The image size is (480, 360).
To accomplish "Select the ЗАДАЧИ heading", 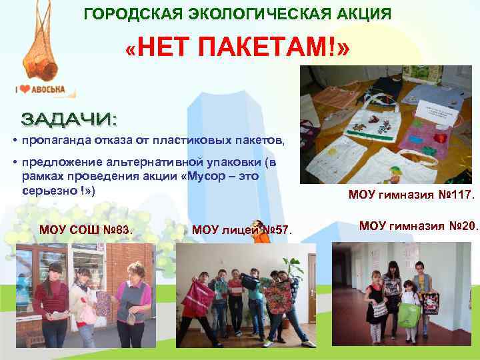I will point(70,120).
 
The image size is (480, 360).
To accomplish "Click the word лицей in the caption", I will point(237,231).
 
